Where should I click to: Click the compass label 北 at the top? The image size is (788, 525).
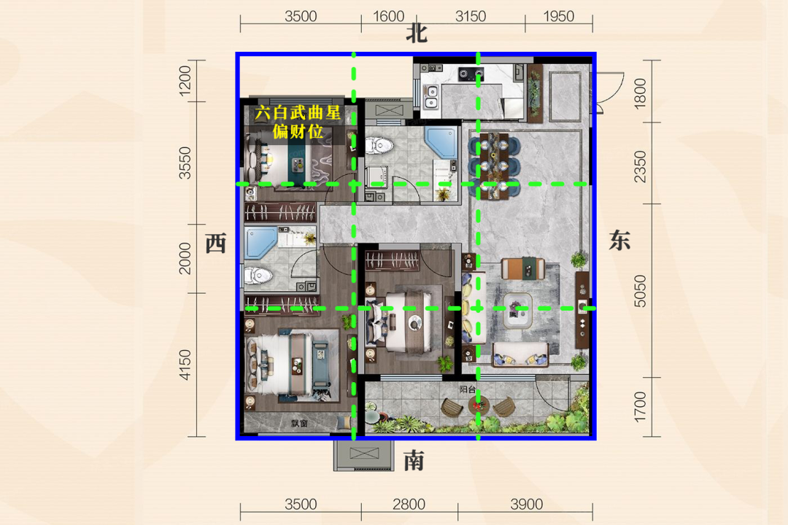click(x=417, y=34)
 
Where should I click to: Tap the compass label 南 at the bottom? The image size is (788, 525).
click(x=414, y=460)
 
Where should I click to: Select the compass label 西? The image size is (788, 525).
click(x=216, y=244)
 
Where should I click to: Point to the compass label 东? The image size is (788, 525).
click(x=619, y=240)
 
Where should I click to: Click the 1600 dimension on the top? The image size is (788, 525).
click(x=388, y=17)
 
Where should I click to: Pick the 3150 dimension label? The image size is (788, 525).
click(x=471, y=17)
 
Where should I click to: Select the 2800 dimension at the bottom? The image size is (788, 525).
click(x=409, y=504)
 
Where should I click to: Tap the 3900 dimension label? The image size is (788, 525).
click(x=526, y=504)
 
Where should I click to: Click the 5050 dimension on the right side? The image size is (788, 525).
click(x=640, y=291)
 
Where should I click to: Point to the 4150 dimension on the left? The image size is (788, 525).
click(x=185, y=365)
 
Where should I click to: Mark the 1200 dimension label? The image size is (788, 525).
click(x=185, y=80)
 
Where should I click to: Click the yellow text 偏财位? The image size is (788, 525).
click(x=298, y=132)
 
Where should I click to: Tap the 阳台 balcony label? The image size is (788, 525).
click(x=468, y=389)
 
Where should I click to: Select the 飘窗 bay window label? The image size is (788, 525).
click(x=299, y=424)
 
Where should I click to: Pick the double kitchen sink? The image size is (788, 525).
click(x=430, y=97)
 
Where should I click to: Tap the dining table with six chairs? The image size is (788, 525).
click(x=495, y=166)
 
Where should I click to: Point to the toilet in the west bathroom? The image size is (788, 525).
click(x=258, y=276)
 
